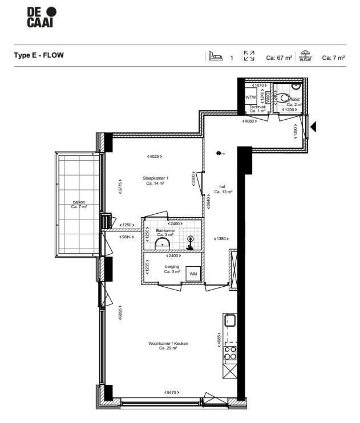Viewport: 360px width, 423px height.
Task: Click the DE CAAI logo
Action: (x=42, y=18)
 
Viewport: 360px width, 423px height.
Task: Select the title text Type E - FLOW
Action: (x=39, y=56)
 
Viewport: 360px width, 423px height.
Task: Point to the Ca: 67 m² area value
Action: (x=279, y=58)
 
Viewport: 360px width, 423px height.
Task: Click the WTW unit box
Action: (x=250, y=97)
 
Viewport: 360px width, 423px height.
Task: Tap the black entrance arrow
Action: (x=313, y=127)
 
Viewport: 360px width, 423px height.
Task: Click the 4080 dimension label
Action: (x=249, y=121)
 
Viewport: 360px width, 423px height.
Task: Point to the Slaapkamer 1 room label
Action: (x=155, y=181)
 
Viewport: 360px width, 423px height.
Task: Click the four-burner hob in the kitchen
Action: (x=230, y=353)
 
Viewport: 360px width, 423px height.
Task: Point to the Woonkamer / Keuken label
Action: (x=168, y=346)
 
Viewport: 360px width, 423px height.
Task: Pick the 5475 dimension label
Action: (x=170, y=393)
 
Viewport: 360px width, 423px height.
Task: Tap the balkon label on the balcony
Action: (x=78, y=204)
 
